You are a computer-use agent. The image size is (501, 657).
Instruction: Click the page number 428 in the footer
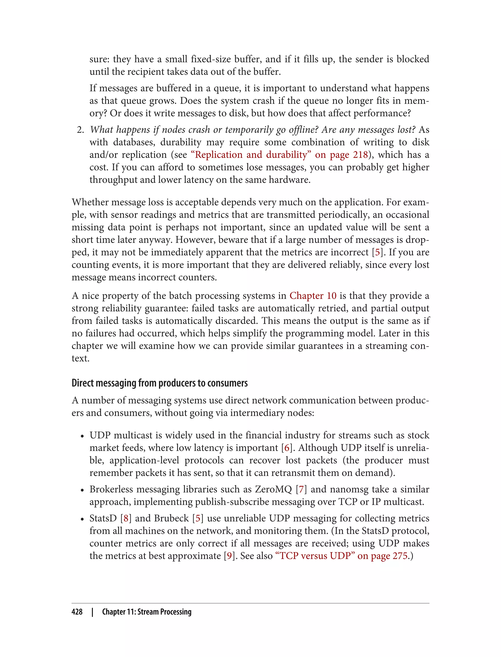[x=77, y=612]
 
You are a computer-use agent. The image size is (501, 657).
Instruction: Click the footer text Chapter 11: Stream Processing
[x=147, y=612]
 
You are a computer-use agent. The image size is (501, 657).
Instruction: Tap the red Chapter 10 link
[x=313, y=296]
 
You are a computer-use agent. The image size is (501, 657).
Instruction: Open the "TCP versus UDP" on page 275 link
[x=343, y=556]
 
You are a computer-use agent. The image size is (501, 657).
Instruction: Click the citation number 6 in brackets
[x=287, y=448]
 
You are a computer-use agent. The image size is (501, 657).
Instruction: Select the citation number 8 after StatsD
[x=126, y=518]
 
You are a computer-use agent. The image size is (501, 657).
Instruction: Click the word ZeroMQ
[x=273, y=489]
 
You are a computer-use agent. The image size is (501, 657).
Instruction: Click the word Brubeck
[x=171, y=518]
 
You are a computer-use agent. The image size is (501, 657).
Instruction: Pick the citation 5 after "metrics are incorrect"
[x=377, y=252]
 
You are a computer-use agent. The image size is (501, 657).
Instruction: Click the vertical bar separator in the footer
[x=92, y=612]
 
